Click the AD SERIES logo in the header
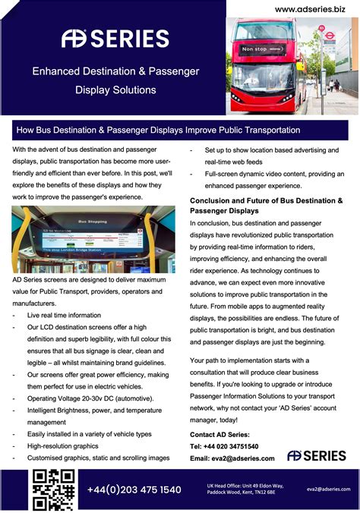click(x=115, y=38)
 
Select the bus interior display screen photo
click(x=93, y=240)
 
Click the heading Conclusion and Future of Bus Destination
click(x=266, y=205)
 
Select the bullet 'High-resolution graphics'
click(x=63, y=446)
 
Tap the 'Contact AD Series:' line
click(x=219, y=434)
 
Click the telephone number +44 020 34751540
click(x=224, y=446)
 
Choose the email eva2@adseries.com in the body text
click(x=232, y=458)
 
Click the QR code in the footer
click(x=53, y=489)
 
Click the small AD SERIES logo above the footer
click(x=317, y=455)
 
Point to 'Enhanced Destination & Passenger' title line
click(x=115, y=71)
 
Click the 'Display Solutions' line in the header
click(x=115, y=90)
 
